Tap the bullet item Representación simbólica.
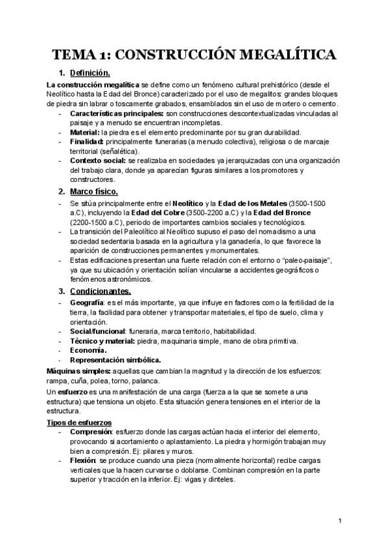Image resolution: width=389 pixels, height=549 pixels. coord(115,360)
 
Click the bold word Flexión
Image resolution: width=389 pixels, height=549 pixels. coord(82,460)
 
